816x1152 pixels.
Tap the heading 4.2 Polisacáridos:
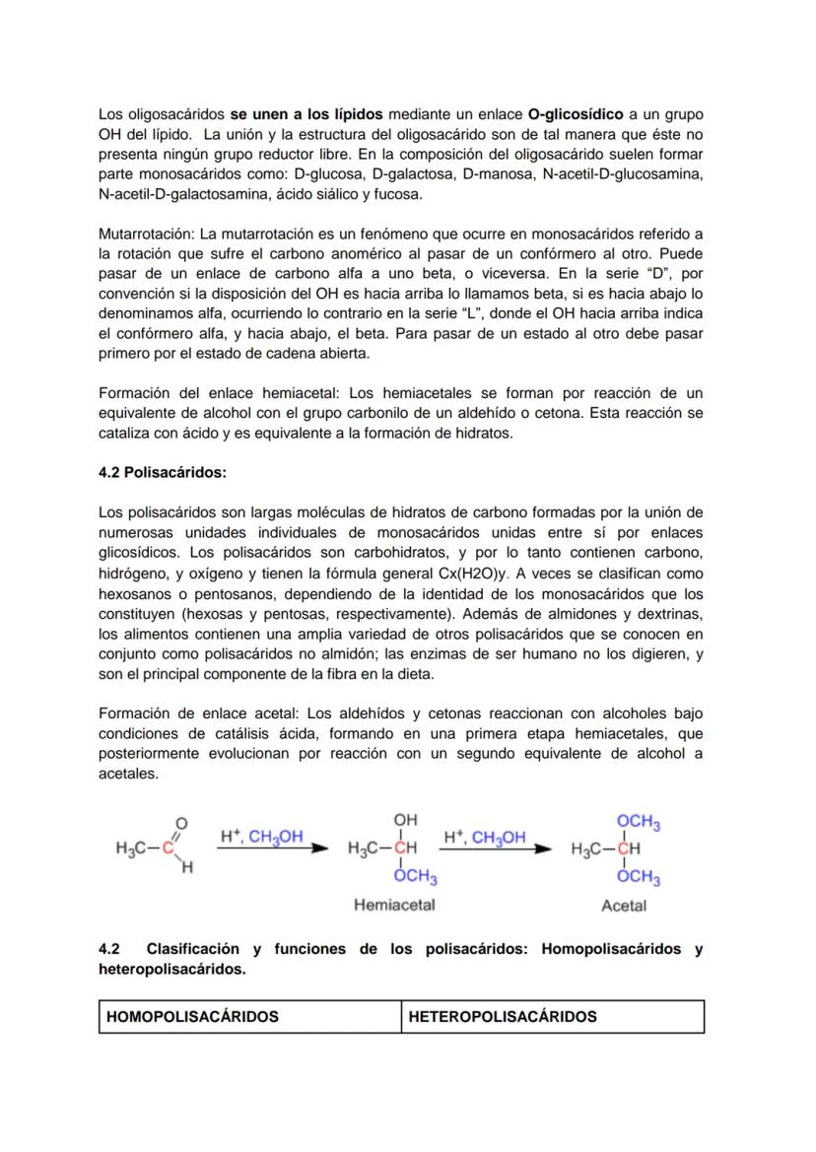coord(163,473)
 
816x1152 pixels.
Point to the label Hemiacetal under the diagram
coord(394,905)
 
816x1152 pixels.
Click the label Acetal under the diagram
coord(624,906)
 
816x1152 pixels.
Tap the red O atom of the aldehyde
coord(181,823)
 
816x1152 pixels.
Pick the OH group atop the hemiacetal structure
coord(404,820)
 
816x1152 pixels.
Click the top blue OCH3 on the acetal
coord(638,823)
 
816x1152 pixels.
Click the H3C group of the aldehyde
coord(132,848)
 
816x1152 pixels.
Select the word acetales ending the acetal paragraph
coord(128,775)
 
